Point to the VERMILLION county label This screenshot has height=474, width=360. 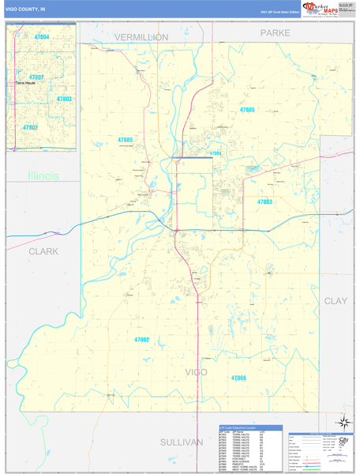pos(141,37)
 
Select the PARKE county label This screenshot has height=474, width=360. pos(276,33)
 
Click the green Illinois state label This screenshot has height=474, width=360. pos(43,175)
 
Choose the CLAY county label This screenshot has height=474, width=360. pos(336,301)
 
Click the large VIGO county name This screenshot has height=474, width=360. pos(195,371)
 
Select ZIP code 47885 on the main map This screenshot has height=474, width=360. pos(125,140)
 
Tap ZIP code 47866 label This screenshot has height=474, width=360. pos(239,378)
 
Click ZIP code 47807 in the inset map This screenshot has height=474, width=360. pos(36,77)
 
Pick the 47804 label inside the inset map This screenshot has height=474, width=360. pos(41,37)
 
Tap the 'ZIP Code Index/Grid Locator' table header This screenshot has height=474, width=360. pos(245,427)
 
